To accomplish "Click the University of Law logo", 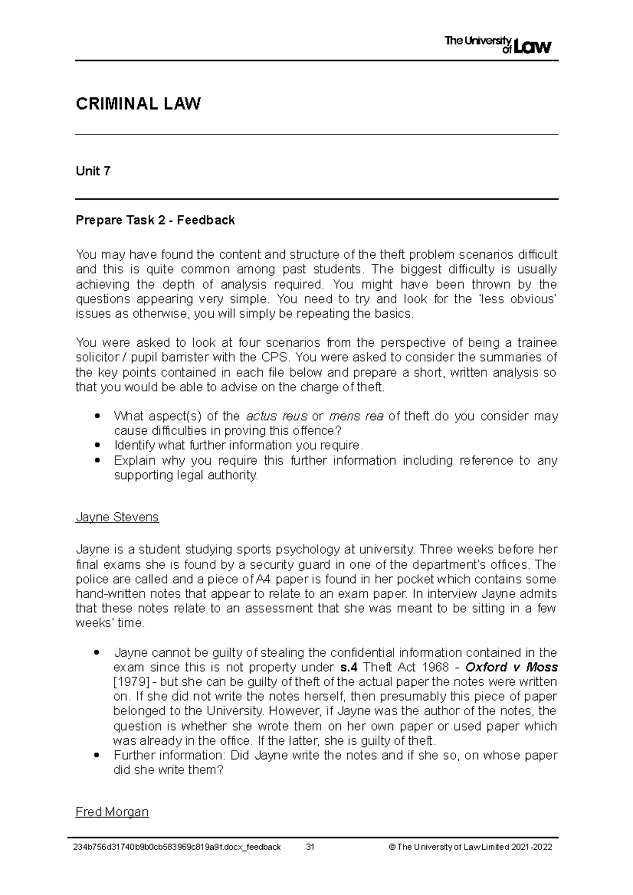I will coord(498,45).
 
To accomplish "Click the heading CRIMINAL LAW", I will coord(138,104).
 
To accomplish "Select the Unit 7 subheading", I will coord(93,171).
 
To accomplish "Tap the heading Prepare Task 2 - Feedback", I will coord(155,220).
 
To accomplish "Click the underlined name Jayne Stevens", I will coord(117,517).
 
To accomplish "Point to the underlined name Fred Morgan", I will coord(112,812).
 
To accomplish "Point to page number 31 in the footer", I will coord(310,848).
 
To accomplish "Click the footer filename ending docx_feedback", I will coord(178,848).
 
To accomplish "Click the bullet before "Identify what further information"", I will coord(97,445).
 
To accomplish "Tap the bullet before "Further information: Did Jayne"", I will coord(97,756).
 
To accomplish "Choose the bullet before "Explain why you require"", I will coord(97,461).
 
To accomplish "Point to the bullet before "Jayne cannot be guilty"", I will coord(97,653).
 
